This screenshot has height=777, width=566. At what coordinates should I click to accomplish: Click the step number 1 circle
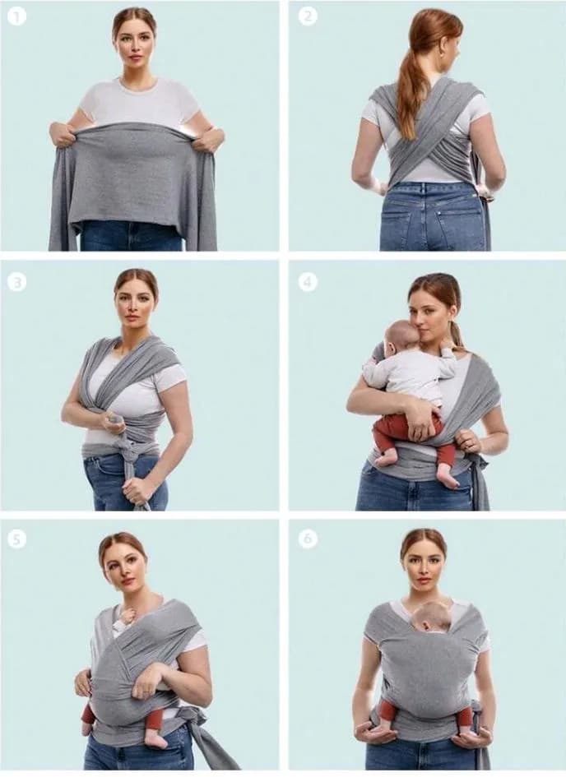[x=17, y=18]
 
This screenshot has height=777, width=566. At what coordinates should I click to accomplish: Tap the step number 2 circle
[x=308, y=16]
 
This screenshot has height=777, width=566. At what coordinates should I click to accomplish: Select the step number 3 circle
[x=16, y=283]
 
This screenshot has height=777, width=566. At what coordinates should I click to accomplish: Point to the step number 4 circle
[x=308, y=283]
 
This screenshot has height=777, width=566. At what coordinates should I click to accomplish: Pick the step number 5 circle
[x=16, y=539]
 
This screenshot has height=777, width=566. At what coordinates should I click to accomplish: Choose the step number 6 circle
[x=308, y=539]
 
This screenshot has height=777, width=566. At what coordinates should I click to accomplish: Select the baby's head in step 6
[x=431, y=617]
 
